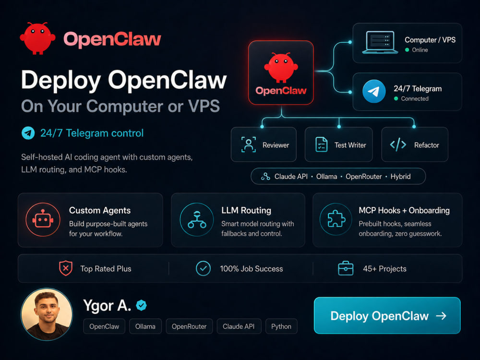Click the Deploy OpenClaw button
point(387,315)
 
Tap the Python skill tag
point(281,326)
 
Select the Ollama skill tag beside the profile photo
point(145,326)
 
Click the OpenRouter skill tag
point(189,326)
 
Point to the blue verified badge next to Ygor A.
point(141,305)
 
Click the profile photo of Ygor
point(47,314)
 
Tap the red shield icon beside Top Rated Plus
point(65,268)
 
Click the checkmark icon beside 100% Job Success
point(203,268)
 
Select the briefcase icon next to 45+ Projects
point(346,268)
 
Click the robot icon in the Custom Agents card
point(43,219)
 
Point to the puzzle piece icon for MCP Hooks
point(336,219)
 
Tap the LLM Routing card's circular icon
point(197,219)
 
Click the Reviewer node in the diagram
point(264,144)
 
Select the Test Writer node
point(338,144)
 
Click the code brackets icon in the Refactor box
point(398,144)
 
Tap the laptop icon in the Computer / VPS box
point(380,43)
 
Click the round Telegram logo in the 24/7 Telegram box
point(374,92)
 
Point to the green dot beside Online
point(407,50)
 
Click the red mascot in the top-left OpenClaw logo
point(37,38)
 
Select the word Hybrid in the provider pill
point(400,177)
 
